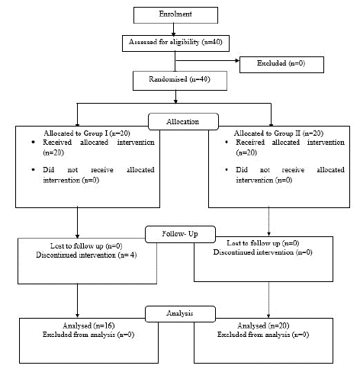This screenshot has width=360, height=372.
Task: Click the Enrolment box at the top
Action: click(175, 15)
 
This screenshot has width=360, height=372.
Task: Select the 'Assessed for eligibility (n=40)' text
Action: click(175, 42)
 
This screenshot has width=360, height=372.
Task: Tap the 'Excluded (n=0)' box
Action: click(281, 65)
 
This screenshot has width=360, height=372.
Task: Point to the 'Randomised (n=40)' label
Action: click(179, 79)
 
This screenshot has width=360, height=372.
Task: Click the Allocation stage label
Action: click(183, 122)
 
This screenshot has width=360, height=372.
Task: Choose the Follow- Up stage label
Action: click(180, 234)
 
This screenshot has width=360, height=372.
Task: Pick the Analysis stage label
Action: click(180, 313)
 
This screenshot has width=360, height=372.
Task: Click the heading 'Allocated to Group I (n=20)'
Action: click(87, 133)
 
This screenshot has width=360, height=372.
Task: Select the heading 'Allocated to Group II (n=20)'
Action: click(278, 133)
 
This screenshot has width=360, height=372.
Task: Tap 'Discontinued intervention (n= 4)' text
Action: click(86, 255)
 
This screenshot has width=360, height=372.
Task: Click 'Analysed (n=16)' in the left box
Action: click(88, 325)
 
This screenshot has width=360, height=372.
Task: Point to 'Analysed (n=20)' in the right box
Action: click(263, 325)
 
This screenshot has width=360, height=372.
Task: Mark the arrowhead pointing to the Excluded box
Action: click(237, 61)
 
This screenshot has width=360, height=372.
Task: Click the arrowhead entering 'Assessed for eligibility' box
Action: click(173, 34)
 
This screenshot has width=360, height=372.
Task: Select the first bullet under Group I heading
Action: click(33, 142)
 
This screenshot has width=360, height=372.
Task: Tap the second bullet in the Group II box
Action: click(227, 169)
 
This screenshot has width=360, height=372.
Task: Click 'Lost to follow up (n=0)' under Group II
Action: click(263, 243)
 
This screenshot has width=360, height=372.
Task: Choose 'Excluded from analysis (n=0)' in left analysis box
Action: click(88, 335)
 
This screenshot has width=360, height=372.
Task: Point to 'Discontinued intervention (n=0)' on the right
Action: click(262, 252)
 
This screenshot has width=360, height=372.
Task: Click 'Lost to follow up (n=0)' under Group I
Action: click(86, 246)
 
